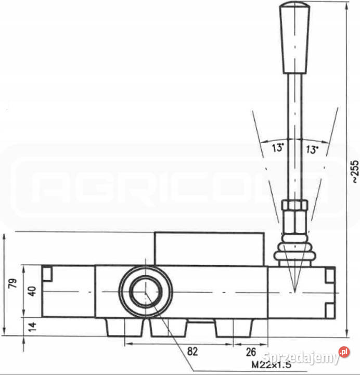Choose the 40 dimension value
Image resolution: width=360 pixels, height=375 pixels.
[32, 291]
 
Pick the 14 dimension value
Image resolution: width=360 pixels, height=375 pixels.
[32, 327]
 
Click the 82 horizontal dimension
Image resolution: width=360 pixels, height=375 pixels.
[192, 352]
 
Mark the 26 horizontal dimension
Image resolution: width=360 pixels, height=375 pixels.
[250, 352]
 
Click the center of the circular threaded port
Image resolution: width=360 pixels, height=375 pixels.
[145, 292]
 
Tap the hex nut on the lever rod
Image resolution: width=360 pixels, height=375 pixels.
[294, 214]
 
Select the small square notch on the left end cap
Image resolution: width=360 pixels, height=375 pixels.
[47, 273]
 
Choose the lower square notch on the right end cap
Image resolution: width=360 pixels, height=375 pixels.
[329, 310]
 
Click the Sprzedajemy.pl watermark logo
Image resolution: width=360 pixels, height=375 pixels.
[307, 356]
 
